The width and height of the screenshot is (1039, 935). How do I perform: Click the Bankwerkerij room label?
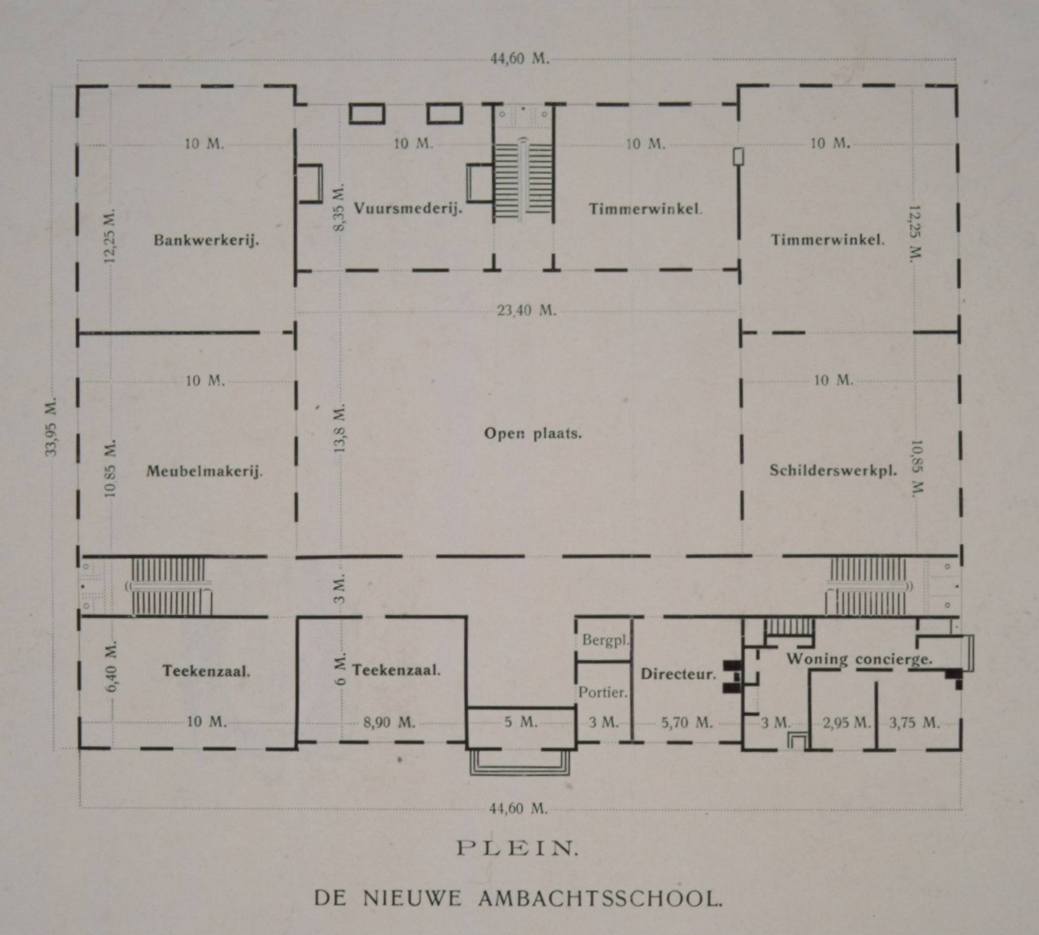click(206, 241)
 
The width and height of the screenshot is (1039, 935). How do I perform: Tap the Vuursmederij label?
click(408, 209)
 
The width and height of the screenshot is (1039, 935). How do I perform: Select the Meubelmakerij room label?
click(204, 471)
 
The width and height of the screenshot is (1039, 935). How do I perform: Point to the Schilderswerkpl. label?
click(833, 471)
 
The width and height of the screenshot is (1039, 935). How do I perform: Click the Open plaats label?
click(533, 433)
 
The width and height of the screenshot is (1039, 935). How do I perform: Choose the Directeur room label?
click(678, 674)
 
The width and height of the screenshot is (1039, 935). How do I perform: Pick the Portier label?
click(603, 692)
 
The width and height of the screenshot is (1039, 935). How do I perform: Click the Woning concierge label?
click(859, 659)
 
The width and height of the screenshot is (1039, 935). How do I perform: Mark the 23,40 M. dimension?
click(527, 310)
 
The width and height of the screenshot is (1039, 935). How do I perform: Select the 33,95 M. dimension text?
click(52, 426)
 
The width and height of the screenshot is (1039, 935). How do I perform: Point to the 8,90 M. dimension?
click(389, 722)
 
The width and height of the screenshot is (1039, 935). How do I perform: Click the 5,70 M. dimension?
click(687, 723)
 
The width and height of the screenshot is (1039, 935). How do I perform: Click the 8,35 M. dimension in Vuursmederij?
click(339, 207)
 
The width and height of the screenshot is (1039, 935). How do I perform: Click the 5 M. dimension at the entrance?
click(521, 722)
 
